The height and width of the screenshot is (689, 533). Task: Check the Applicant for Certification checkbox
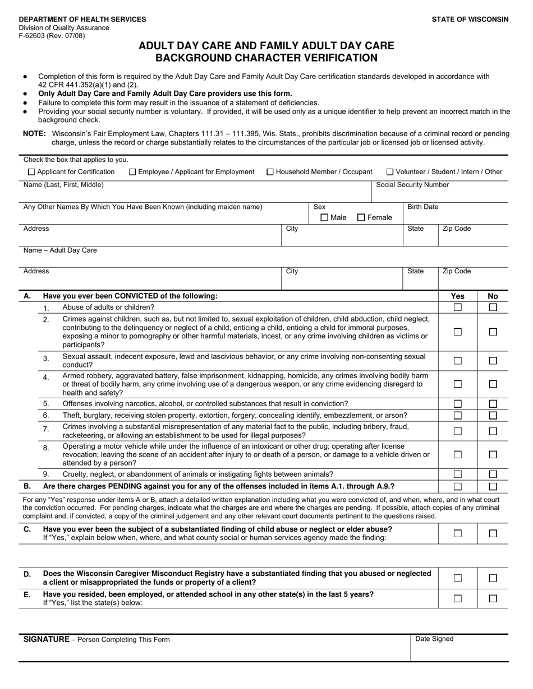pos(31,172)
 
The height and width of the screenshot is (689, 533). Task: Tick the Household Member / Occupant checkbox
pos(270,172)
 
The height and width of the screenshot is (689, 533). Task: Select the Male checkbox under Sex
pos(324,218)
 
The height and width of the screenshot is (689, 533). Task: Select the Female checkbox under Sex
pos(361,218)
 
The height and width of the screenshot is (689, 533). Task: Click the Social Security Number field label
pos(412,185)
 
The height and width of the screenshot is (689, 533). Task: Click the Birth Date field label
pos(422,207)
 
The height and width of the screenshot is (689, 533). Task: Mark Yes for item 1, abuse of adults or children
pos(458,308)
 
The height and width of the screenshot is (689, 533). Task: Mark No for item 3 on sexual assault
pos(493,361)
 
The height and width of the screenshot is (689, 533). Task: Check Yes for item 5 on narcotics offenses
pos(458,404)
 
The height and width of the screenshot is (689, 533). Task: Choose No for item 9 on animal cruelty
pos(493,474)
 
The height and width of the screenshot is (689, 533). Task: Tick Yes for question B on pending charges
pos(458,487)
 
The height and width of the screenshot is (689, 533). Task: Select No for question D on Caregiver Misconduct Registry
pos(493,578)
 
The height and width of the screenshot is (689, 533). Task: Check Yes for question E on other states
pos(458,598)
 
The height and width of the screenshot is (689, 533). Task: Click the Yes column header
pos(458,296)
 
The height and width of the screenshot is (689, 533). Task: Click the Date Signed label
pos(434,639)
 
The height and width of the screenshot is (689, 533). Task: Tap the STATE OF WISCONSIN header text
pos(470,19)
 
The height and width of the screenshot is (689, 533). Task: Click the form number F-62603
pos(33,35)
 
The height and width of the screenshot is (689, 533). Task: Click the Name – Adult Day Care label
pos(60,250)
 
